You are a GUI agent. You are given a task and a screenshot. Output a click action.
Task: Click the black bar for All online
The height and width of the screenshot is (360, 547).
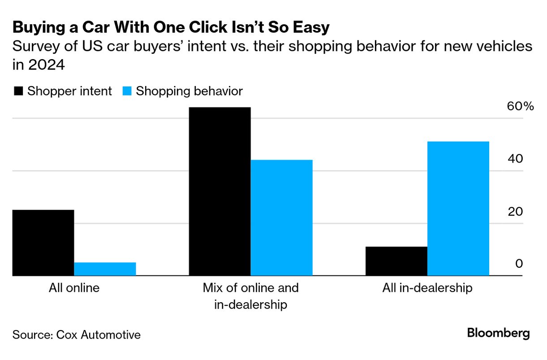[43, 243]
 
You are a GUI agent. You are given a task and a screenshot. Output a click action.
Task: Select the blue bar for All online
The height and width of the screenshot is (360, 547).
[105, 269]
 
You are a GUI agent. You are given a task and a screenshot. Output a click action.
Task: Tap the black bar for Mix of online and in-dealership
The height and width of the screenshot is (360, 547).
[220, 192]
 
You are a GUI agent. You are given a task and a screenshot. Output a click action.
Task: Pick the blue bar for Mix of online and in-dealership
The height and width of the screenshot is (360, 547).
[281, 218]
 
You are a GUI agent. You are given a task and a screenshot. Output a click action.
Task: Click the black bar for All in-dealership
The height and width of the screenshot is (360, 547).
[396, 261]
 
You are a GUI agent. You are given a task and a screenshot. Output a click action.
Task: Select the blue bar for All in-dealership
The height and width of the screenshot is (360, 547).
[458, 209]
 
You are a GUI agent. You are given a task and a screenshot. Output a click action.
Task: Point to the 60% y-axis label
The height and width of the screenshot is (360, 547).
[520, 107]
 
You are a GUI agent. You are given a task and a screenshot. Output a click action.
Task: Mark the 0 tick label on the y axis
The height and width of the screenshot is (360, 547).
[519, 264]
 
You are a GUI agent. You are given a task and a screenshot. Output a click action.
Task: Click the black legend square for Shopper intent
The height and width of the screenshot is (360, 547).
[18, 91]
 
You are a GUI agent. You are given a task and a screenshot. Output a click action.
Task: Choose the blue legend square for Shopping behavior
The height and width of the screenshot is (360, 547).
[127, 91]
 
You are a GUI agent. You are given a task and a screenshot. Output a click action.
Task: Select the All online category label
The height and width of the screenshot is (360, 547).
[74, 287]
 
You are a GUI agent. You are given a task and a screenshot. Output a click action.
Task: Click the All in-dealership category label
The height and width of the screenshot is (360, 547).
[427, 287]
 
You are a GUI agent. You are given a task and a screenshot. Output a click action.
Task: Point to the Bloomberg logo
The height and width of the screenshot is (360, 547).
[498, 334]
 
